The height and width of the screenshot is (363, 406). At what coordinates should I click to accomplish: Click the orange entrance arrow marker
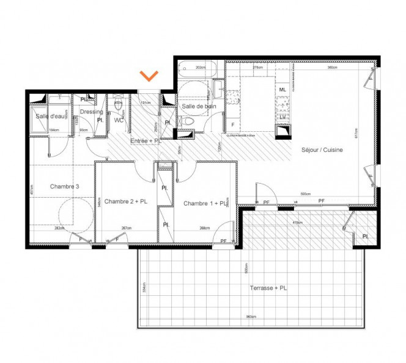coord(149,76)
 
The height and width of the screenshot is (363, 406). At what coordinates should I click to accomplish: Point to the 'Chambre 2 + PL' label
coord(125,201)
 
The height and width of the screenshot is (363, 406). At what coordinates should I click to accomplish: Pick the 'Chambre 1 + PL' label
coord(205,203)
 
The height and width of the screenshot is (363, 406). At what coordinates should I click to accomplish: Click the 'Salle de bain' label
coord(200,107)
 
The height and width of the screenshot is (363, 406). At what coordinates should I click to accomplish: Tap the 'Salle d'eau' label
coord(50,116)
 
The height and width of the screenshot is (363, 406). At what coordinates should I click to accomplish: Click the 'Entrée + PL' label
coord(145,141)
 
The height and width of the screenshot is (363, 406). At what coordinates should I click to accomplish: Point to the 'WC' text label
coord(119,120)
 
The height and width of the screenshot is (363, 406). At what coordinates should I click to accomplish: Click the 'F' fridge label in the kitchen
coord(232,125)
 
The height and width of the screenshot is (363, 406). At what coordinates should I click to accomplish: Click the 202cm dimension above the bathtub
coord(199,68)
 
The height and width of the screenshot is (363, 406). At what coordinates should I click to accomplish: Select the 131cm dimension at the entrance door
coord(146,102)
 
